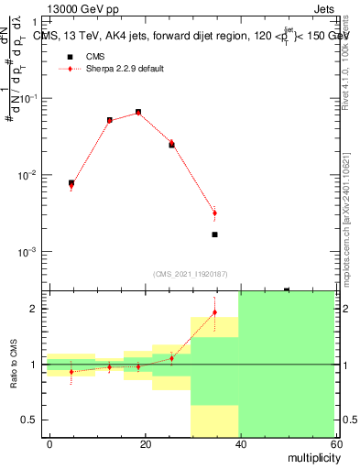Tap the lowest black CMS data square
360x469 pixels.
(214, 234)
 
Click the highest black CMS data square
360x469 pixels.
(138, 113)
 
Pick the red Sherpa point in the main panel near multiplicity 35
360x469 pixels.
(214, 213)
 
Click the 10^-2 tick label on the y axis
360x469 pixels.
(29, 175)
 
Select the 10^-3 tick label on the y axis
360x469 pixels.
(29, 251)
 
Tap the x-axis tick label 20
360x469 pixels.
(146, 443)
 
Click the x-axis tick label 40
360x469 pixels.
(240, 443)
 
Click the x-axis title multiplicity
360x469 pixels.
(309, 457)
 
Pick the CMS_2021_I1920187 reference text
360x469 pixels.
(191, 273)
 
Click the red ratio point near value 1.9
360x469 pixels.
(214, 312)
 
